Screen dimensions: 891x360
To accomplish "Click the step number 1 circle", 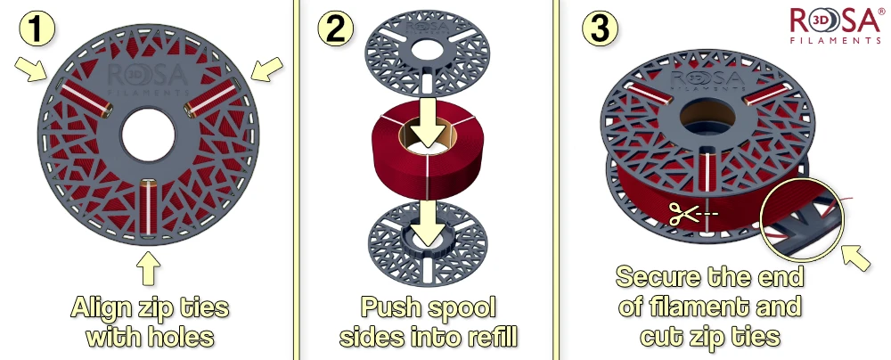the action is click(x=37, y=29).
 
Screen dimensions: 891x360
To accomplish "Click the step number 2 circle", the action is click(x=335, y=29).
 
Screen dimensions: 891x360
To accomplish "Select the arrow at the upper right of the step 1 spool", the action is click(x=266, y=70).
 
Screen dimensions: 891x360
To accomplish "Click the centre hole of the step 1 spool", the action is click(x=148, y=135).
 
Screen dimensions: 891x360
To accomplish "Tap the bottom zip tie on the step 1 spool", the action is click(x=148, y=208).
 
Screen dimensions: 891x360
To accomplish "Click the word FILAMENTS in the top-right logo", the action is click(x=836, y=40).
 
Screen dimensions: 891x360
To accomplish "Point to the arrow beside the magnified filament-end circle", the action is click(x=855, y=257).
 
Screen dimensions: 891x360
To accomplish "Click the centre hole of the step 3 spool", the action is click(x=707, y=118).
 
